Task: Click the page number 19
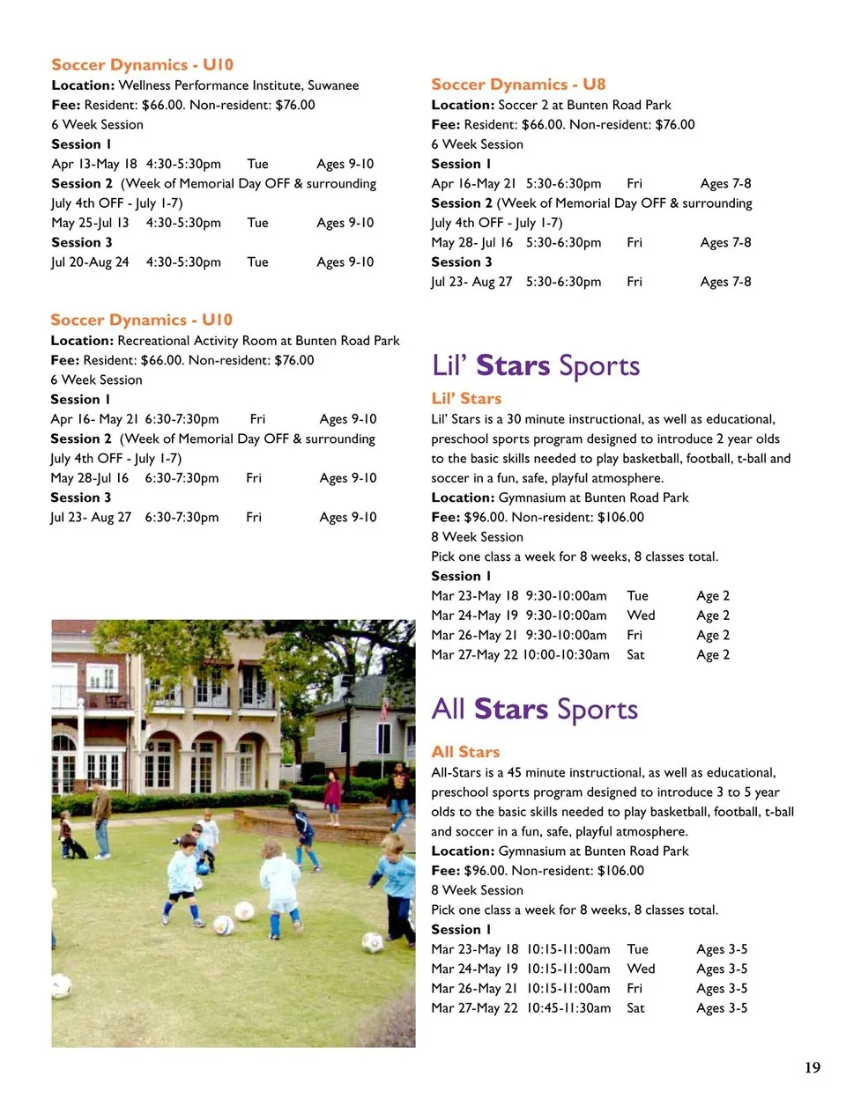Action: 812,1067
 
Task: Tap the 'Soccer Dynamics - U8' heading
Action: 518,85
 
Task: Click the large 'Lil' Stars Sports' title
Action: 536,365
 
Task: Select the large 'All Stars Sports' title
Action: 534,709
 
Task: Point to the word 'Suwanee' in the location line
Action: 333,85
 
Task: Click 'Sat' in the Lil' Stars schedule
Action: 635,655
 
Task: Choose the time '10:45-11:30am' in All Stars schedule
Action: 568,1008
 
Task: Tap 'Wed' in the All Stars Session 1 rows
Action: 641,969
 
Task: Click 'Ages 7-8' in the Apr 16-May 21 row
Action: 725,184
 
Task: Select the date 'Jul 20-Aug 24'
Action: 90,262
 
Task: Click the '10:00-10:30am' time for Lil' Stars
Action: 566,655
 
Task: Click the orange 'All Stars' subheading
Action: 465,752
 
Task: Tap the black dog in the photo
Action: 76,848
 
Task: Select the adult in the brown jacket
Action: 102,819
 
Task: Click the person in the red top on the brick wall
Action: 333,796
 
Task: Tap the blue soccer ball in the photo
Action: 204,867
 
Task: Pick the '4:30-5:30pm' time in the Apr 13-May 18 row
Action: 183,164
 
